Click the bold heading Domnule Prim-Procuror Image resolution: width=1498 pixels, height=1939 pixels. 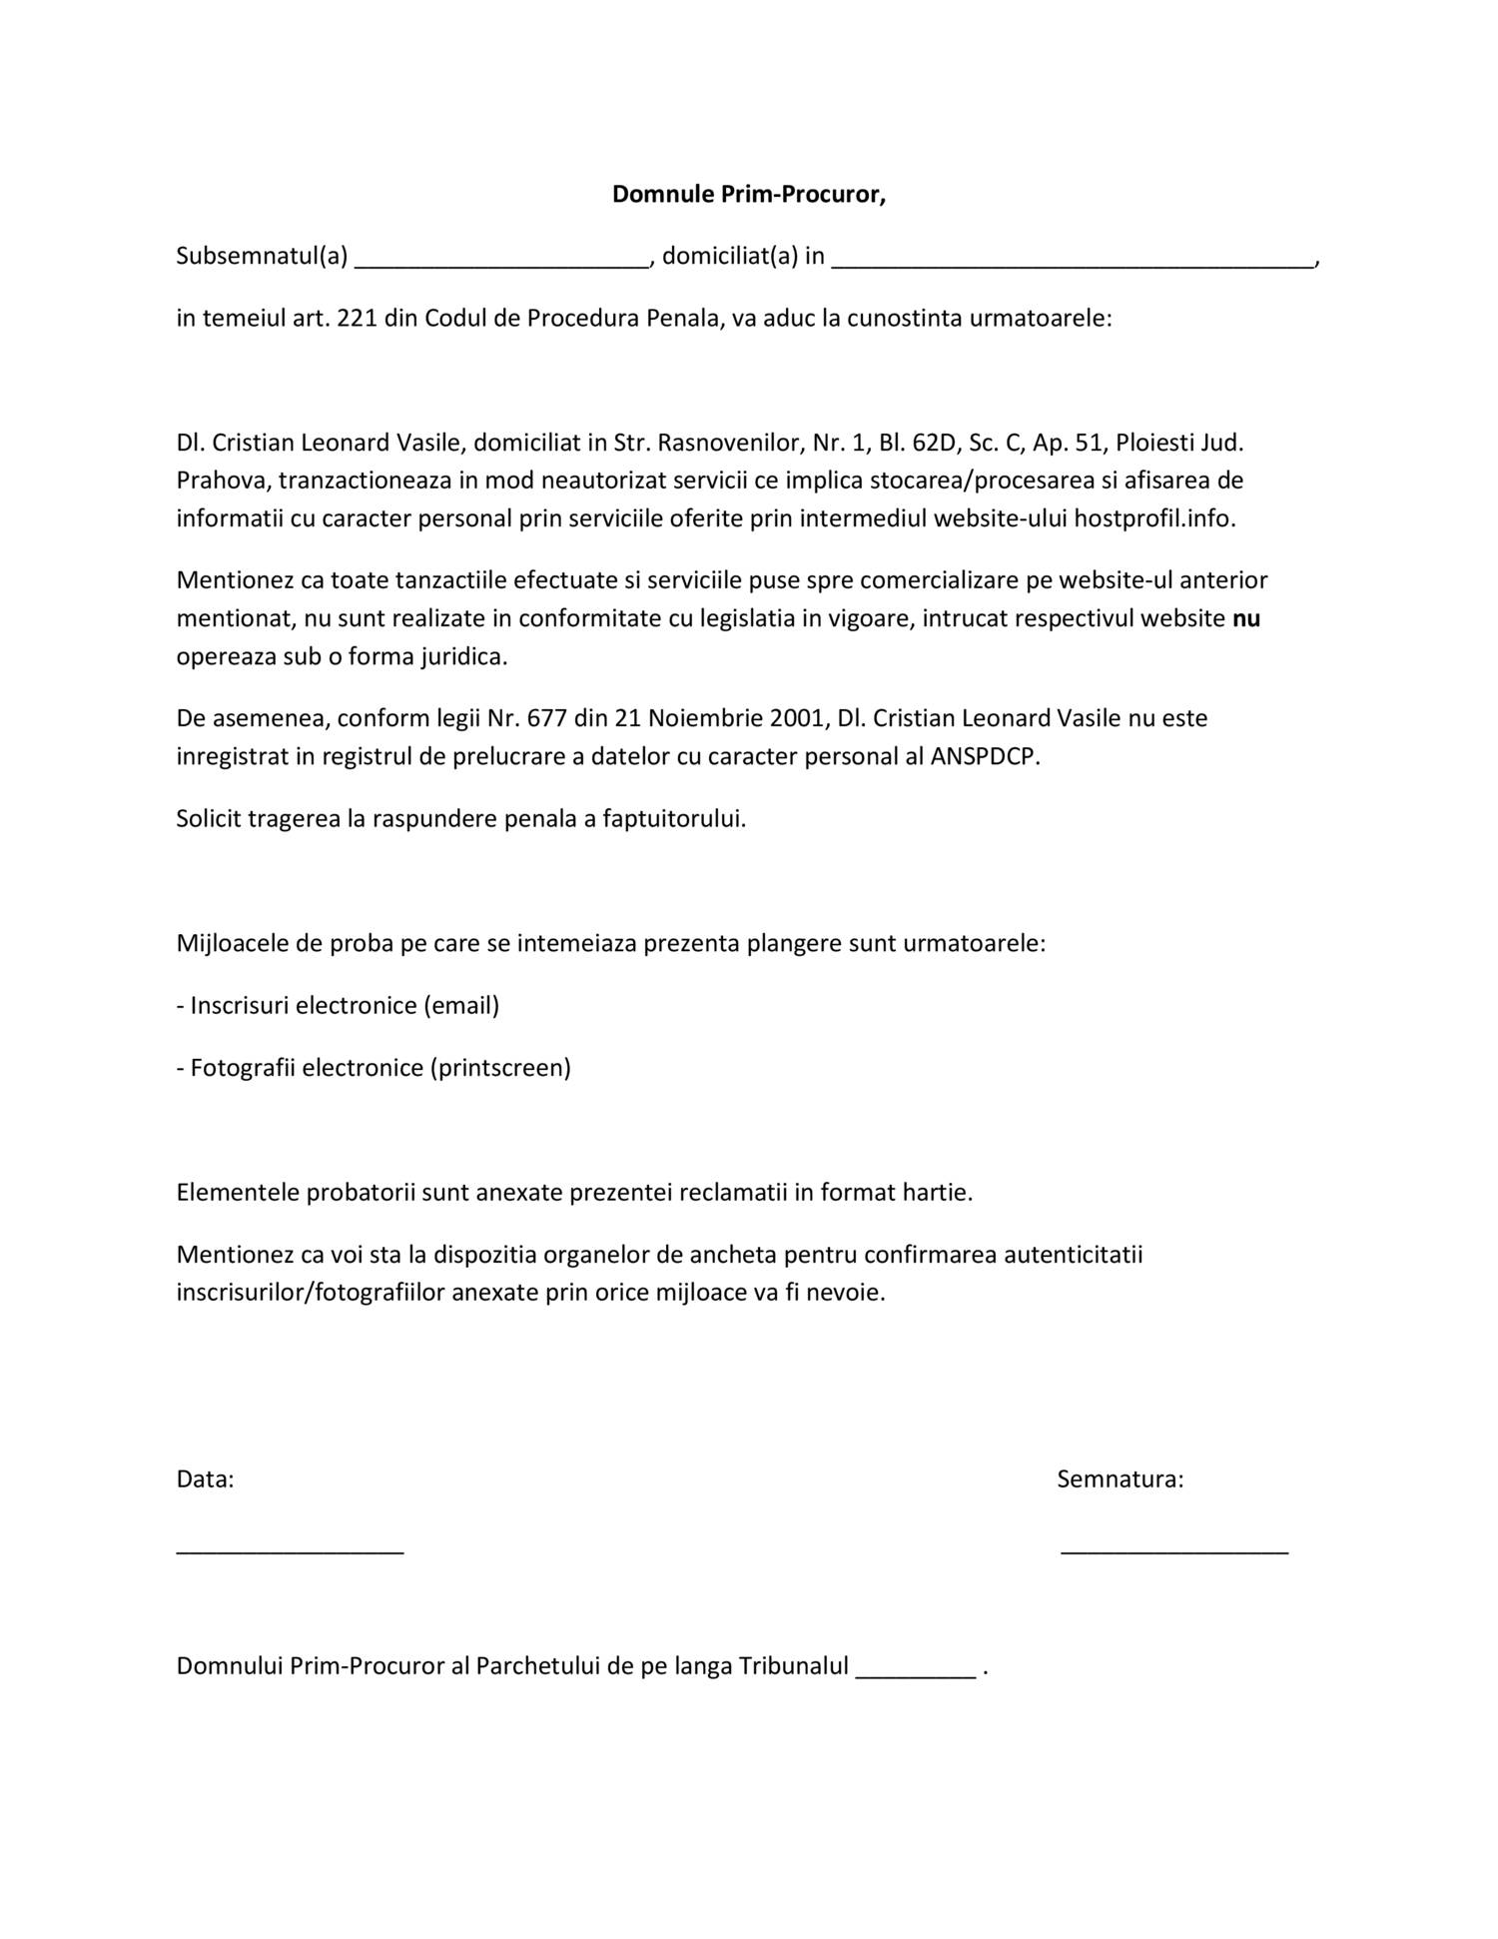749,195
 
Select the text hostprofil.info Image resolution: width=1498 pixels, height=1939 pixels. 1154,519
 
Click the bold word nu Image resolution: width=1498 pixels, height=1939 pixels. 1246,619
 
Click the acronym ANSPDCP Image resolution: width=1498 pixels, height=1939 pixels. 985,756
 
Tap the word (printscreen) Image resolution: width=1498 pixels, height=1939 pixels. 500,1068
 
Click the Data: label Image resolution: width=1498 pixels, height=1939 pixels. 205,1479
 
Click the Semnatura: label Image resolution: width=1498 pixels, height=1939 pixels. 1121,1479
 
